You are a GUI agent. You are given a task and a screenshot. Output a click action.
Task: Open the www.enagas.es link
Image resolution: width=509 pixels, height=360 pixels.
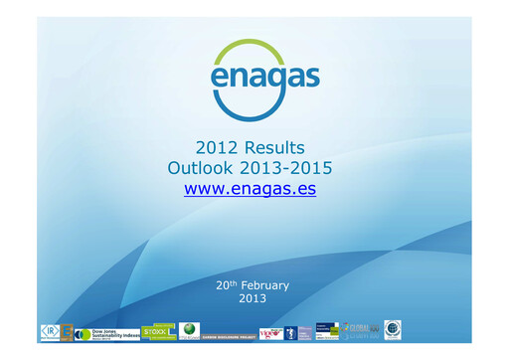(250, 187)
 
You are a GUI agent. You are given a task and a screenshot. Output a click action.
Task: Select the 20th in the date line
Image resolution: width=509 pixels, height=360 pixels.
(225, 284)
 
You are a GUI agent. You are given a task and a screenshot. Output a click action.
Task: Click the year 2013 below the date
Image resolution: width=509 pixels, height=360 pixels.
(253, 298)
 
